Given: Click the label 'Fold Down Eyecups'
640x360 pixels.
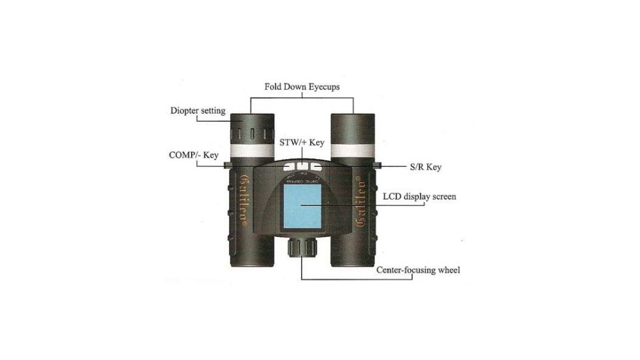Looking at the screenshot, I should [302, 86].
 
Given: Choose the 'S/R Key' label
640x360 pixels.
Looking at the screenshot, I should [425, 167].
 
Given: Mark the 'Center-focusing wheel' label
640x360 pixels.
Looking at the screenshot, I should [419, 270].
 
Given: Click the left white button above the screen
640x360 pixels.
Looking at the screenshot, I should [290, 166].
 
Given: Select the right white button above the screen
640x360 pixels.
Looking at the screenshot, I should [313, 166].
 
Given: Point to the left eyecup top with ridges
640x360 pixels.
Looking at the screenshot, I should [252, 128].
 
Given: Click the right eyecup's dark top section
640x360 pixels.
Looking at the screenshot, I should [352, 128].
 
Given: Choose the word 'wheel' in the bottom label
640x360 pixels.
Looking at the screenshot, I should [447, 270].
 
